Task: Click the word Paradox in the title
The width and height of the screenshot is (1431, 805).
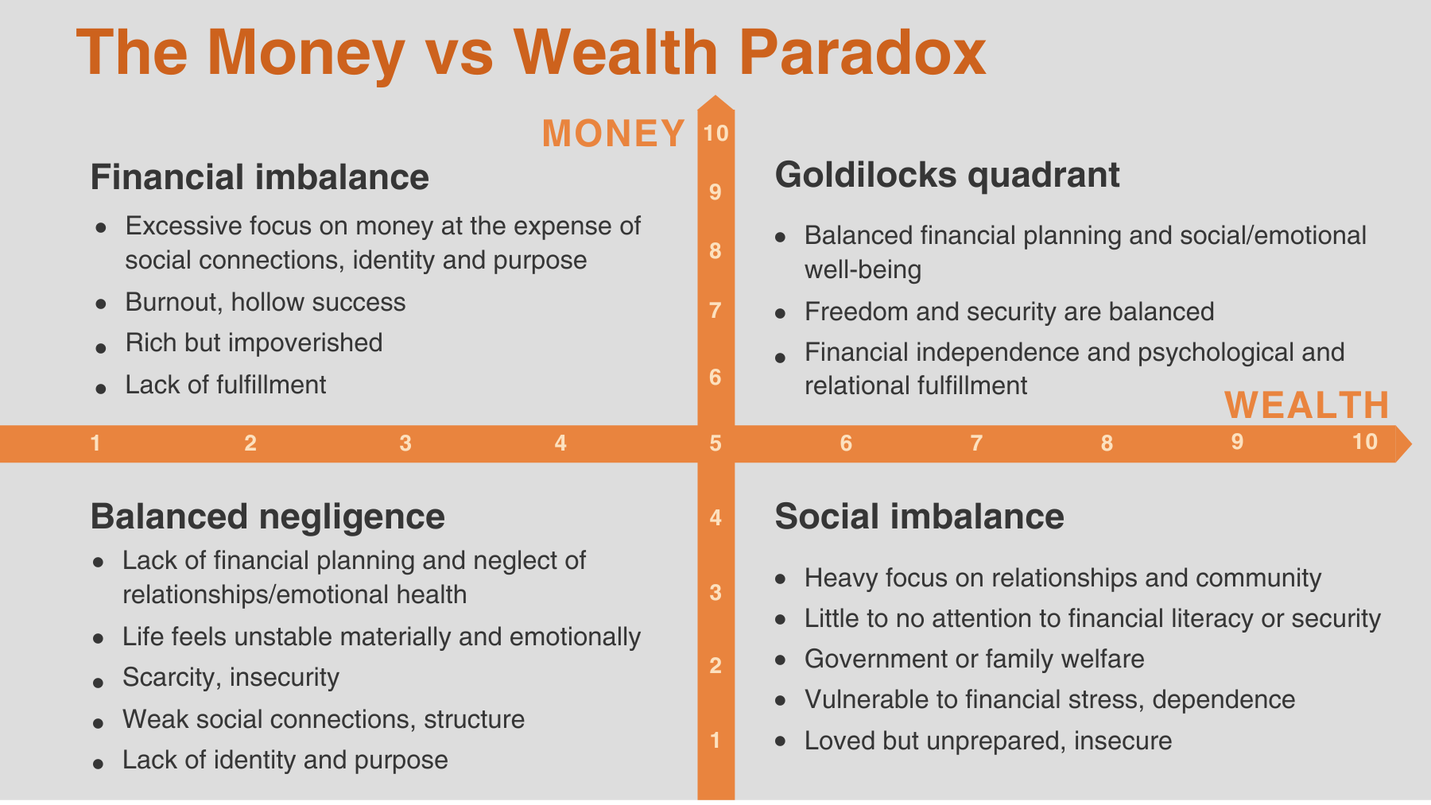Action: coord(862,53)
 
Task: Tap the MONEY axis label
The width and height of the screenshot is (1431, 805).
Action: coord(613,134)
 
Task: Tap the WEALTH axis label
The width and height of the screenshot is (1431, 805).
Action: coord(1306,405)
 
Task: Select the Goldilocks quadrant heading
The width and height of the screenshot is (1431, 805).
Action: coord(947,175)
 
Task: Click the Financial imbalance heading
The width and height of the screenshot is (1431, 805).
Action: coord(259,176)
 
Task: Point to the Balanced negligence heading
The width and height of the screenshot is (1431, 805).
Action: coord(267,517)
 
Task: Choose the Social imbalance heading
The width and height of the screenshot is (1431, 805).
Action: coord(919,517)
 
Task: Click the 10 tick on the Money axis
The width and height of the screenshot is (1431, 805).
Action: coord(715,134)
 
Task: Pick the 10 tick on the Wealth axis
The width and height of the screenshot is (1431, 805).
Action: coord(1364,442)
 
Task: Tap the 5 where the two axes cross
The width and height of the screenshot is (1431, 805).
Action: coord(715,443)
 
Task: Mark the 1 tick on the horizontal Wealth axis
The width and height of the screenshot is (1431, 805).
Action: coord(95,443)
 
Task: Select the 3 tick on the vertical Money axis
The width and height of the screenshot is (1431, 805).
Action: coord(715,593)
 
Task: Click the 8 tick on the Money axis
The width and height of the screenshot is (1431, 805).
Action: coord(715,252)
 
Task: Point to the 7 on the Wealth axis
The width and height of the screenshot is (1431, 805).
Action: coord(976,443)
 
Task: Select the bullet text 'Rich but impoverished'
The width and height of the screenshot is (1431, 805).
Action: coord(254,343)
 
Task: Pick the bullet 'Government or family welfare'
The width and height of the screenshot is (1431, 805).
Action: coord(974,659)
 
